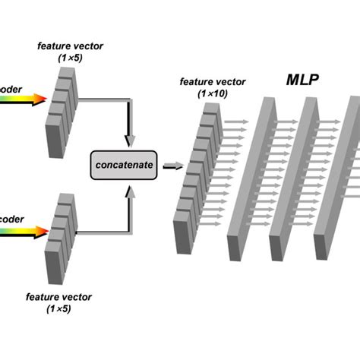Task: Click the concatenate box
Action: coord(125,163)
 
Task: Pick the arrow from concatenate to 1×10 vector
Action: coord(173,163)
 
